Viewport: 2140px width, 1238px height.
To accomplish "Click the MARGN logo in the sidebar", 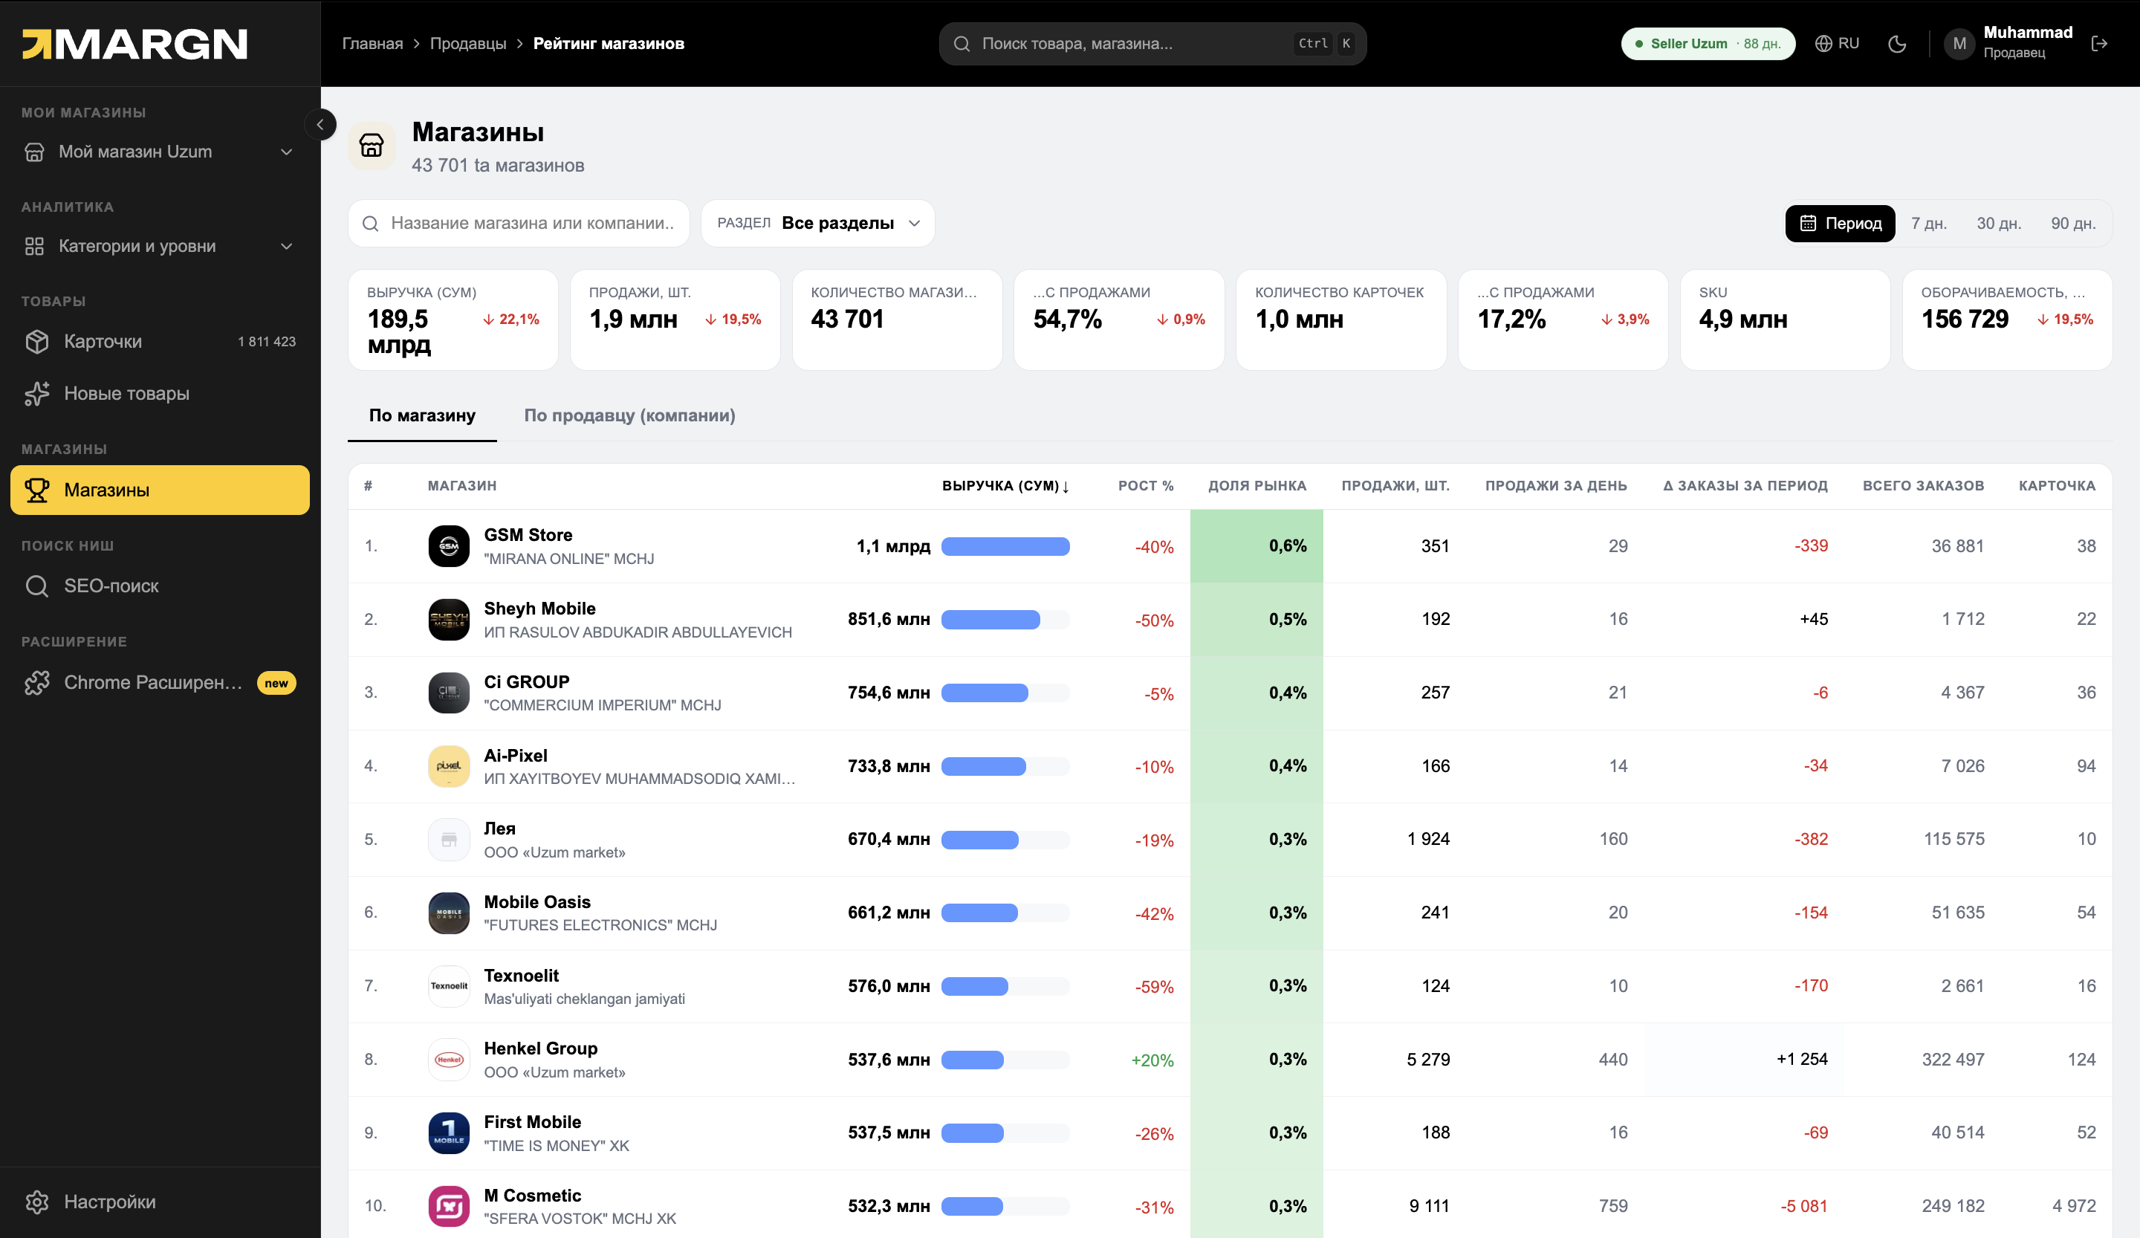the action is tap(134, 44).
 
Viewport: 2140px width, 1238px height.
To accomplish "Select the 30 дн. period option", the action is tap(1998, 224).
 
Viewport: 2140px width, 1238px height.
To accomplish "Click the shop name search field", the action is tap(519, 224).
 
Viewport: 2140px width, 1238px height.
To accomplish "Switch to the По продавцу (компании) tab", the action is tap(629, 415).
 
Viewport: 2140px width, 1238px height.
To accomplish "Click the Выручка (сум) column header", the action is tap(1005, 486).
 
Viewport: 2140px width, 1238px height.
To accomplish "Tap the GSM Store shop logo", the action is tap(450, 546).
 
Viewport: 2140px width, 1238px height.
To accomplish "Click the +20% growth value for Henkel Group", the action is tap(1152, 1060).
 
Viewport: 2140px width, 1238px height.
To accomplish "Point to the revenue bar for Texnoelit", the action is tap(1005, 987).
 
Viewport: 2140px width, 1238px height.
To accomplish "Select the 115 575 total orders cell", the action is tap(1954, 839).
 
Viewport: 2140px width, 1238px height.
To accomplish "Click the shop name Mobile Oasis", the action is tap(536, 902).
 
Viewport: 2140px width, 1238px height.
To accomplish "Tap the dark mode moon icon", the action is tap(1897, 44).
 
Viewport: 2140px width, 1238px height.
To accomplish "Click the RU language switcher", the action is tap(1837, 43).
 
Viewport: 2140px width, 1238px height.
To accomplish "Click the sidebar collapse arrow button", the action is tap(320, 125).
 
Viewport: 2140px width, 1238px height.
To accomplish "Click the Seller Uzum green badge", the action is tap(1708, 44).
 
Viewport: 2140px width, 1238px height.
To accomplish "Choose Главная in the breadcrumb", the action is tap(372, 43).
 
